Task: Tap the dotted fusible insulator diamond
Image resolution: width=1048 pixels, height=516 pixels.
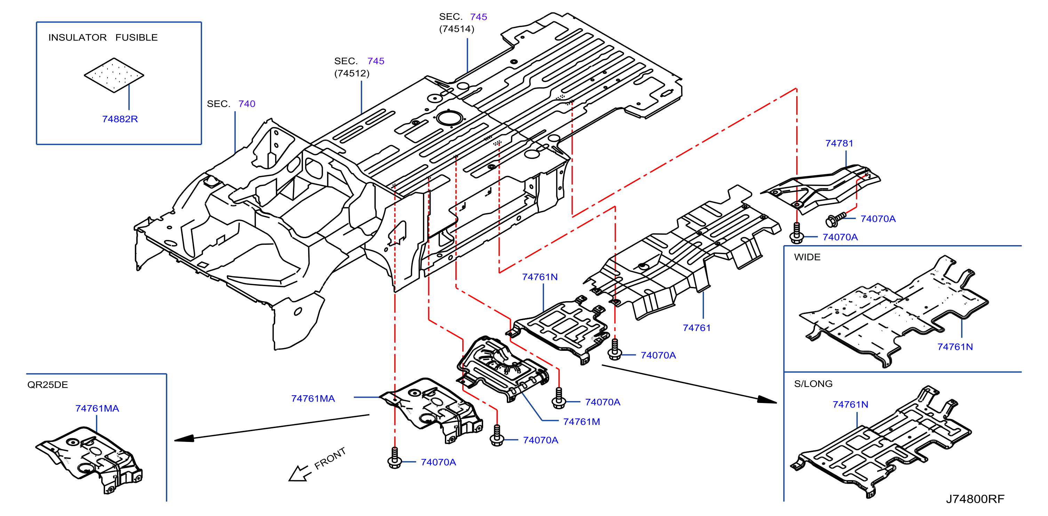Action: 114,75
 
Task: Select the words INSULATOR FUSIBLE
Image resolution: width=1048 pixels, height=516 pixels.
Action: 103,38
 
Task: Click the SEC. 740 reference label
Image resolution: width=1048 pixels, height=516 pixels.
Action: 231,104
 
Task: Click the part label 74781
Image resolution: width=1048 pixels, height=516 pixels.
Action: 839,143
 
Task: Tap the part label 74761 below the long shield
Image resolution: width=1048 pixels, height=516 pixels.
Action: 696,328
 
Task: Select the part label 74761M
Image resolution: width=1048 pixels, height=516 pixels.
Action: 581,422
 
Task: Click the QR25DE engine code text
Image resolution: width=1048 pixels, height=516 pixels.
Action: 48,385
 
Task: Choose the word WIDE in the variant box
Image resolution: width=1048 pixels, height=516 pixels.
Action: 807,257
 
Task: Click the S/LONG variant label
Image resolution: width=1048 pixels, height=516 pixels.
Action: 813,384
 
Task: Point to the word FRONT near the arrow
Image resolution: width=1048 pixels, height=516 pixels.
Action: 330,458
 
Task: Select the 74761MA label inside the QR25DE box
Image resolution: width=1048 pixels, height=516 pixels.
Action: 97,408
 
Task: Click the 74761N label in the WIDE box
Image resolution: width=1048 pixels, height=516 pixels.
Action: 955,347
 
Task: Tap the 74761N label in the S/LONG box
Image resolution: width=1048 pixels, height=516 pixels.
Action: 850,405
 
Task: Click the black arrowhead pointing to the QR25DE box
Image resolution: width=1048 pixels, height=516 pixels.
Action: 184,438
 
